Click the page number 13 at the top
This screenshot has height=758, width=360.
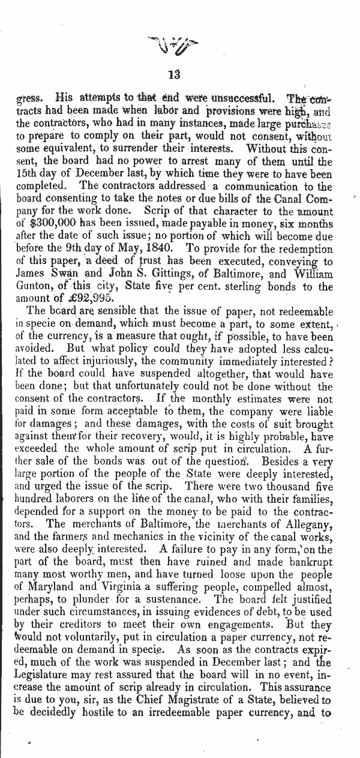[x=175, y=75]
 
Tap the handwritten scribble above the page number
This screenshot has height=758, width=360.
[x=175, y=45]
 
